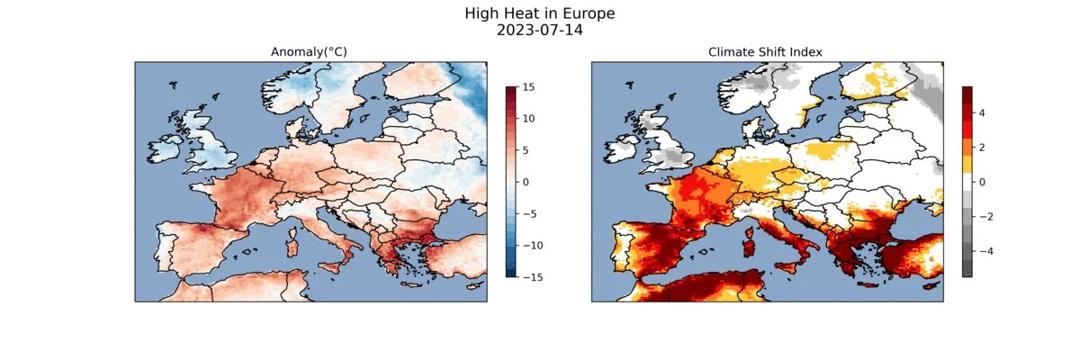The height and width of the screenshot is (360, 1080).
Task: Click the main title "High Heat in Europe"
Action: point(540,13)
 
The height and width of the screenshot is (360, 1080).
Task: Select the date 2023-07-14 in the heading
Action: point(540,30)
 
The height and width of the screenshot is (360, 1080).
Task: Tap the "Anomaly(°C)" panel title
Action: point(310,52)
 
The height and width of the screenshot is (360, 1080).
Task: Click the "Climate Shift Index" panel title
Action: point(767,52)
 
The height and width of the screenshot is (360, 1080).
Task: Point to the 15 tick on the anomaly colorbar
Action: point(528,87)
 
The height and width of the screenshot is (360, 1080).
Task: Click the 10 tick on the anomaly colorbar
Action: point(528,119)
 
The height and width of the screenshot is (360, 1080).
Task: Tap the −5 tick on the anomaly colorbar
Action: point(528,213)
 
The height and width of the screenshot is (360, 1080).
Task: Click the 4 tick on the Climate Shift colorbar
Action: point(982,112)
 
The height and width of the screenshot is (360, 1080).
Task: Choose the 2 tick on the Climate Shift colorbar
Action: point(982,147)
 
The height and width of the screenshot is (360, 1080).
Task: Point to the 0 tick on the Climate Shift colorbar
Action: point(982,182)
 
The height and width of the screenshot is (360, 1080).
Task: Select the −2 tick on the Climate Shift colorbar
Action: point(985,216)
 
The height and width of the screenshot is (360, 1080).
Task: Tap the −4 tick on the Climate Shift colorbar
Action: point(985,250)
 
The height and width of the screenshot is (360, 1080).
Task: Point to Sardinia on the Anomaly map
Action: point(290,241)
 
